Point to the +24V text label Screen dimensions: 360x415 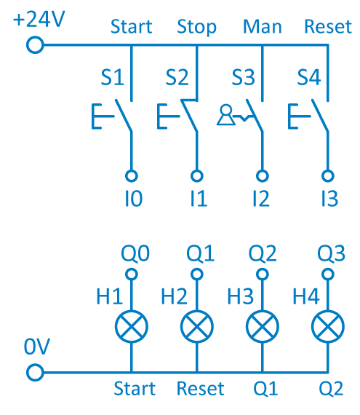pos(39,19)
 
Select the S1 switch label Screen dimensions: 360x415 pos(112,77)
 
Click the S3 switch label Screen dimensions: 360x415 pos(243,77)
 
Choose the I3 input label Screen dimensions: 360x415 pos(329,199)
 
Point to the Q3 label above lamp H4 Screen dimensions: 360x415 pos(331,253)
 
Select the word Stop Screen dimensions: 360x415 pos(196,27)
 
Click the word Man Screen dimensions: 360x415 pos(263,26)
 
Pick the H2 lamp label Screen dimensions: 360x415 pos(175,296)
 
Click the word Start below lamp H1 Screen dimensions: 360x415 pos(135,389)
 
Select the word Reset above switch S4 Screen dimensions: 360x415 pos(328,26)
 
